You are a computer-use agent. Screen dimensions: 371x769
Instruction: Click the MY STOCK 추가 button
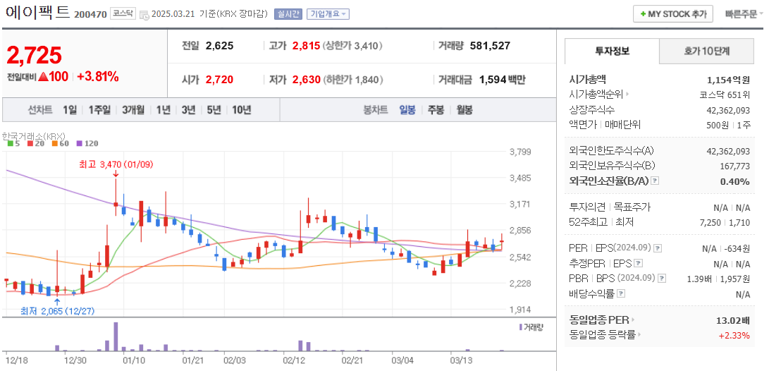[672, 13]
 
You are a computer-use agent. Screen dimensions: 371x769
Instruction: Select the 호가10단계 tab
[707, 51]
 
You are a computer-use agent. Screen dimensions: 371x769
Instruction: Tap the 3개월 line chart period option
[133, 109]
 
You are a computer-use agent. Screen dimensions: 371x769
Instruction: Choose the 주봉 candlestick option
[436, 109]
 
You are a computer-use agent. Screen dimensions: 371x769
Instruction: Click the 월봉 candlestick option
[465, 109]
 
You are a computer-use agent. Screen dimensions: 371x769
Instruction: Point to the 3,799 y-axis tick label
[519, 152]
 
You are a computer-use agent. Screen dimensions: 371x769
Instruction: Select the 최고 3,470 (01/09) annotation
[116, 164]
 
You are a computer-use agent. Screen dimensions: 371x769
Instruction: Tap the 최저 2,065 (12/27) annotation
[57, 310]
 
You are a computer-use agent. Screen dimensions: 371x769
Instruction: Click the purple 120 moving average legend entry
[88, 143]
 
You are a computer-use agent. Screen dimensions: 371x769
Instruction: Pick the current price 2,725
[34, 55]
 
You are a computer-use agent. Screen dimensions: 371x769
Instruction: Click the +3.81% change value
[97, 76]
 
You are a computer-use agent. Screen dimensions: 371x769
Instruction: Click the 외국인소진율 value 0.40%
[734, 181]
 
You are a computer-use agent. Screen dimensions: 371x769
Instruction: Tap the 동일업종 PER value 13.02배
[732, 320]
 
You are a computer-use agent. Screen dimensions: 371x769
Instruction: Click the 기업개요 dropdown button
[328, 14]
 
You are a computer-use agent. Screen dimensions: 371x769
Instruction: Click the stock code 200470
[90, 14]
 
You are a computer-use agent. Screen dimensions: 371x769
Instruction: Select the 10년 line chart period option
[241, 109]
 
